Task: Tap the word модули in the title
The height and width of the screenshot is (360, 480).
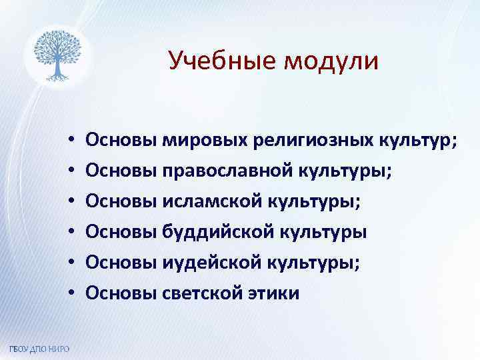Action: point(331,61)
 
